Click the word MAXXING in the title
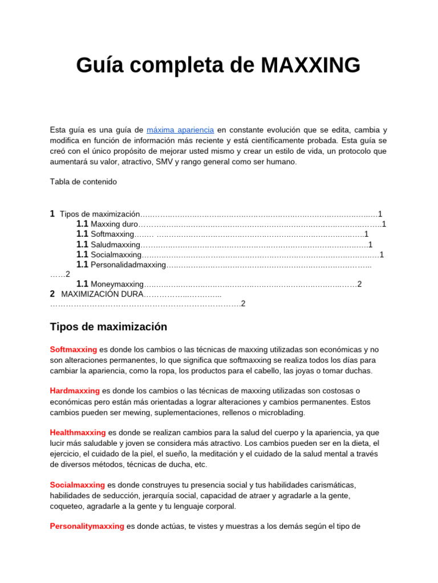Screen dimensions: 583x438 point(311,65)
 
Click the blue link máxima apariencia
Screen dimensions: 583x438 point(180,130)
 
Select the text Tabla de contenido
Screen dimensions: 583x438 point(83,182)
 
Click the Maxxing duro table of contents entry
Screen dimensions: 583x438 point(114,224)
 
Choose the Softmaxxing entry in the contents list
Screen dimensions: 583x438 point(112,234)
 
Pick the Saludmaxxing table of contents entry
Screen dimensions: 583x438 point(115,244)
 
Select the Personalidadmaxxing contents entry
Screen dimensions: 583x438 point(128,265)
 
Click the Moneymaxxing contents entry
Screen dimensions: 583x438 point(117,284)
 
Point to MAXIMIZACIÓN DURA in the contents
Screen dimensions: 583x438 point(102,294)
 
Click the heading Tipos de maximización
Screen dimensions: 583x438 point(108,327)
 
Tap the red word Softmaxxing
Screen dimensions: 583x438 point(74,350)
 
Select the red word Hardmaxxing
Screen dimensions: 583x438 point(75,391)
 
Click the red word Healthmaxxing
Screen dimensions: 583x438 point(78,433)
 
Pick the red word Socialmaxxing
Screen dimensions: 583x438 point(77,485)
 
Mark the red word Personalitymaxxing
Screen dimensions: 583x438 point(87,527)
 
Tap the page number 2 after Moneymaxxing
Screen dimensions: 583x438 point(359,284)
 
